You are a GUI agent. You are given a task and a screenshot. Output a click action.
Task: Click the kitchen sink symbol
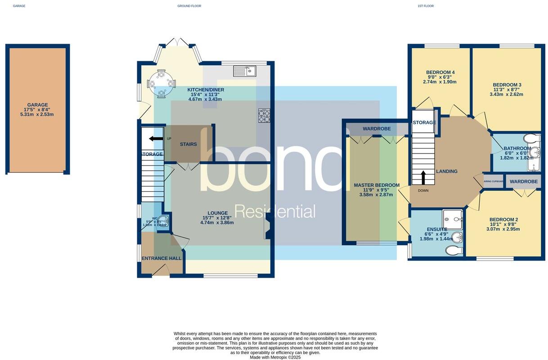(245, 71)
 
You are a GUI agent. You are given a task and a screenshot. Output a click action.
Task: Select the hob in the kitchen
(264, 116)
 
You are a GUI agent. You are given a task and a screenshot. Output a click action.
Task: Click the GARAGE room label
(37, 105)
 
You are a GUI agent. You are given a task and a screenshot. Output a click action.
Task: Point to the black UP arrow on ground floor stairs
(156, 139)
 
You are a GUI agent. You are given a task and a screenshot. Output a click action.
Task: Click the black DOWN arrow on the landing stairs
(423, 178)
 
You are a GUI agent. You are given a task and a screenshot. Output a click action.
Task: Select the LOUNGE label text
(217, 213)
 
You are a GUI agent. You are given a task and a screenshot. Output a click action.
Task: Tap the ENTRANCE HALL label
(162, 258)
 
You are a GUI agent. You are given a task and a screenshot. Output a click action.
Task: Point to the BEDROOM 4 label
(440, 72)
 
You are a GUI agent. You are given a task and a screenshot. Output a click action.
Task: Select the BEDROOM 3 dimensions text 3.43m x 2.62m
(507, 94)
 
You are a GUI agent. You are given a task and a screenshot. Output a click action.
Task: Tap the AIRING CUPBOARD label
(493, 181)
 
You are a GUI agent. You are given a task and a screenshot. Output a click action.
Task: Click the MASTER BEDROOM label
(377, 185)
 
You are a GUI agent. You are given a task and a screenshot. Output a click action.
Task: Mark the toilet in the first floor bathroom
(531, 138)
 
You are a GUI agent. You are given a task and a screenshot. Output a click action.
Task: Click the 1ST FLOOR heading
(426, 6)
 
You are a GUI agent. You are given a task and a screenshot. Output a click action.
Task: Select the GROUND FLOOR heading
(189, 6)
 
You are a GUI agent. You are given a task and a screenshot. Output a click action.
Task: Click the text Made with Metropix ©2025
(275, 357)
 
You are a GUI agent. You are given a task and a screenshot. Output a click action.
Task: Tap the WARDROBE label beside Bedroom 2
(524, 182)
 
